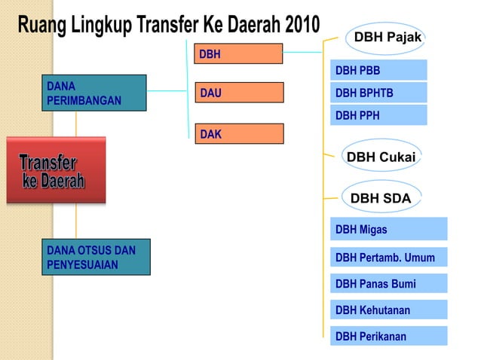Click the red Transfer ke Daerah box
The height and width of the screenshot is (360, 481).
pyautogui.click(x=56, y=170)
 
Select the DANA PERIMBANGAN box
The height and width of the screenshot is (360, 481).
pyautogui.click(x=93, y=93)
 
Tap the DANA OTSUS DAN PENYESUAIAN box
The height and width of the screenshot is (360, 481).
pyautogui.click(x=96, y=256)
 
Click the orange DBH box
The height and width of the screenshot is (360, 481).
pyautogui.click(x=238, y=53)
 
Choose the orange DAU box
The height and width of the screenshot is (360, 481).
pyautogui.click(x=238, y=93)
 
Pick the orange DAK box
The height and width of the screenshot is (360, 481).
pyautogui.click(x=238, y=133)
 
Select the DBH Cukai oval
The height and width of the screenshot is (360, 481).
pyautogui.click(x=381, y=156)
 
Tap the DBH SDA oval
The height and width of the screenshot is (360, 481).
pyautogui.click(x=381, y=198)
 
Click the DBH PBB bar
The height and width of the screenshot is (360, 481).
pyautogui.click(x=378, y=71)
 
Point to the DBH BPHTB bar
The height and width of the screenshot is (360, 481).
pyautogui.click(x=378, y=93)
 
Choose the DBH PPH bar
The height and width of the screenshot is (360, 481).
pyautogui.click(x=378, y=115)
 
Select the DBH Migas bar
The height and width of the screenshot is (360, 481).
pyautogui.click(x=388, y=228)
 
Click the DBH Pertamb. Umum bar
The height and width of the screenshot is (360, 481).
pyautogui.click(x=388, y=257)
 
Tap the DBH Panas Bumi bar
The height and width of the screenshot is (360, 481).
pyautogui.click(x=388, y=283)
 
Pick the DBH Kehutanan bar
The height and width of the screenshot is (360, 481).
pyautogui.click(x=388, y=310)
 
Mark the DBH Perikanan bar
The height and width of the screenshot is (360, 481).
pyautogui.click(x=388, y=336)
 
